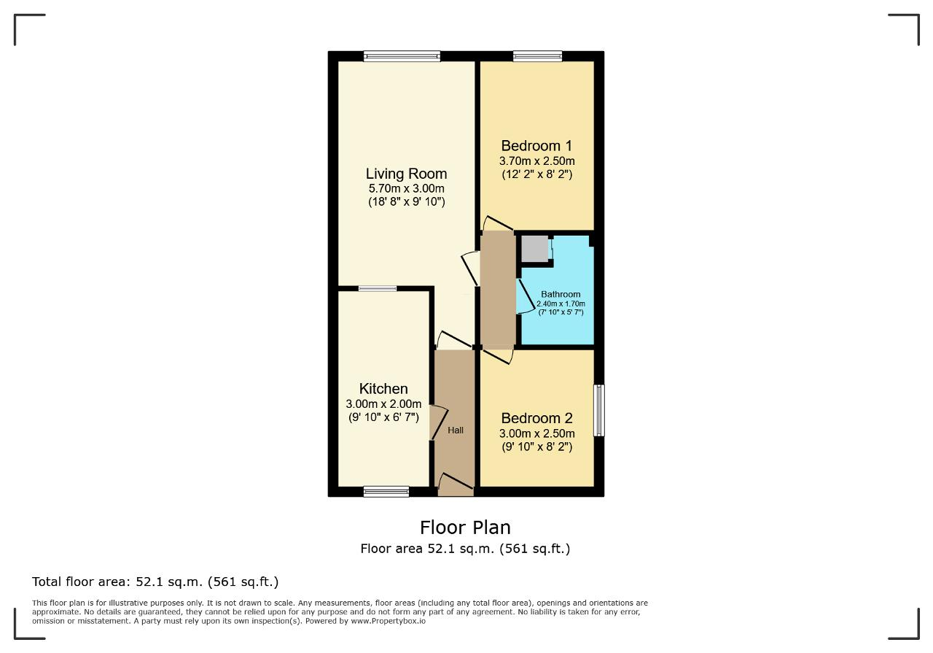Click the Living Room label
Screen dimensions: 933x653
tap(406, 174)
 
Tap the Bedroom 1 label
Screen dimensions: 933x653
tap(536, 145)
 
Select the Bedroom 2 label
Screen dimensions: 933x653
tap(536, 418)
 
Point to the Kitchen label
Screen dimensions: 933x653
tap(383, 389)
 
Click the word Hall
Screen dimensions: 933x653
tap(456, 430)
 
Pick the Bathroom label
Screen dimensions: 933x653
tap(561, 294)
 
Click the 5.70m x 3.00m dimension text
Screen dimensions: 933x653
tap(406, 188)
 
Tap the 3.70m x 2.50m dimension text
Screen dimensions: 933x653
tap(536, 161)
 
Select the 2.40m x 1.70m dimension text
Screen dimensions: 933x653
tap(561, 304)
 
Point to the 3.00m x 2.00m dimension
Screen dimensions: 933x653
tap(383, 403)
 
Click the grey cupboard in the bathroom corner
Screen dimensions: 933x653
tap(535, 249)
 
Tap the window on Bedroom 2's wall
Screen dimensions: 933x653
tap(599, 410)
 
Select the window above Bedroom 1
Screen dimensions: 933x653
tap(537, 56)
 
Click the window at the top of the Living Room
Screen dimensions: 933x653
tap(402, 56)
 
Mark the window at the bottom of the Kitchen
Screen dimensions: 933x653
tap(386, 492)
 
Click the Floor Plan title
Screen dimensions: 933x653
tap(465, 528)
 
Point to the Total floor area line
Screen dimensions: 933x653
tap(155, 581)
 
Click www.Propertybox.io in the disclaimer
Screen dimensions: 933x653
tap(388, 621)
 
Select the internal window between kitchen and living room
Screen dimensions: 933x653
tap(378, 288)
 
